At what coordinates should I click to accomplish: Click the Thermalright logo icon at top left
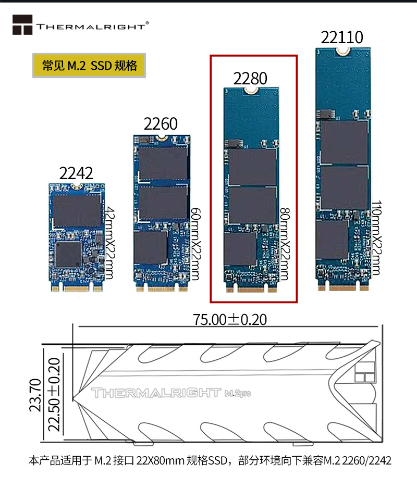point(22,25)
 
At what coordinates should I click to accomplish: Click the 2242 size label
point(76,173)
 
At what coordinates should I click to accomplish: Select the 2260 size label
point(161,123)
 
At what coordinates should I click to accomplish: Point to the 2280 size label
point(250,79)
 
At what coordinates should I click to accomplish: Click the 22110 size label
point(342,37)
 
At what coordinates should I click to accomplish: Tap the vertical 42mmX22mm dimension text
point(109,242)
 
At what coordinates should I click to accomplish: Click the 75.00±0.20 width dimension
point(229,319)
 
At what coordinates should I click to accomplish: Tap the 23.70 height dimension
point(35,395)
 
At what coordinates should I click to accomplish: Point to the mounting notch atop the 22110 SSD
point(342,51)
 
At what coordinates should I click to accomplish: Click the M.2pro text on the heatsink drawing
point(238,394)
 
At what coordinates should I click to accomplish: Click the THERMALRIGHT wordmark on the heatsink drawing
point(155,394)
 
